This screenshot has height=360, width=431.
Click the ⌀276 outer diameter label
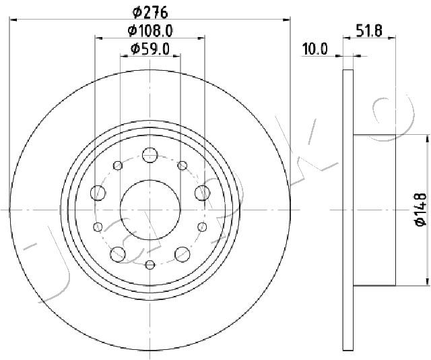pyautogui.click(x=150, y=12)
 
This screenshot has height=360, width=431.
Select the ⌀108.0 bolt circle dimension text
pyautogui.click(x=150, y=30)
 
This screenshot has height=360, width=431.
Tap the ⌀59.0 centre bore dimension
pyautogui.click(x=150, y=49)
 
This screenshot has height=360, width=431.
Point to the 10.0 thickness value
pyautogui.click(x=314, y=49)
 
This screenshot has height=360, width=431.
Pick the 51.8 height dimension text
pyautogui.click(x=369, y=30)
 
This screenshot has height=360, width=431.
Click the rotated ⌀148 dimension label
pyautogui.click(x=420, y=210)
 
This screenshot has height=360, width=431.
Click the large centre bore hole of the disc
pyautogui.click(x=150, y=210)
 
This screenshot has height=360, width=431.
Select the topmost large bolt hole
pyautogui.click(x=150, y=154)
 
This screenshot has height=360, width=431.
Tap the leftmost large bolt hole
pyautogui.click(x=98, y=193)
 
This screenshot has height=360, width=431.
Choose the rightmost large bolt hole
pyautogui.click(x=202, y=193)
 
